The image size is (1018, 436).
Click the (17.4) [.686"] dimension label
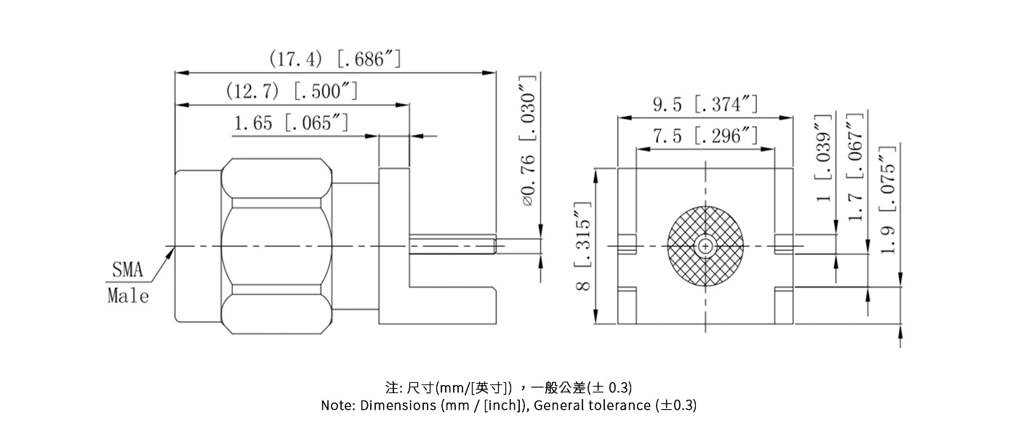pos(334,59)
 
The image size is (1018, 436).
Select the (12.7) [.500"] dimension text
pos(292,92)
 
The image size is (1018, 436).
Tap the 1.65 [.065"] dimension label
pos(290,123)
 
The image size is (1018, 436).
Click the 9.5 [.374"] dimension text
pos(705,105)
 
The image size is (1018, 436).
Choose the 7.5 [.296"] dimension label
pos(705,136)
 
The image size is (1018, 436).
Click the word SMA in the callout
pos(128,271)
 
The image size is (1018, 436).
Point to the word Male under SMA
pos(128,296)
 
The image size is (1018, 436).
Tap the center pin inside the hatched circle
pos(705,247)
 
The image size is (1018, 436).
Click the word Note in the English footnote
pos(337,405)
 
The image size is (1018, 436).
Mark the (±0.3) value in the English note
pos(676,405)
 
